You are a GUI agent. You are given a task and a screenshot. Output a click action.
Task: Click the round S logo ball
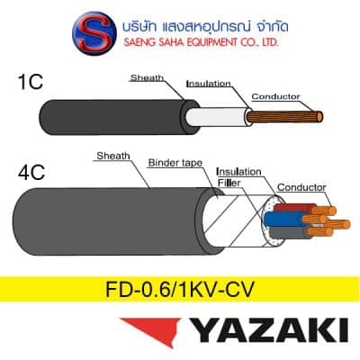click(x=94, y=33)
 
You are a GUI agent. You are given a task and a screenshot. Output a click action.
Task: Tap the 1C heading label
click(x=31, y=82)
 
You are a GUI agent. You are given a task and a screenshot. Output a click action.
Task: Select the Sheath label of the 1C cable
click(x=147, y=78)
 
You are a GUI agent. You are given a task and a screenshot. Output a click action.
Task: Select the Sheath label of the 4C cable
click(x=113, y=156)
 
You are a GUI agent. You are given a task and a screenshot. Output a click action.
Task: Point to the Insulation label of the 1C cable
click(x=209, y=84)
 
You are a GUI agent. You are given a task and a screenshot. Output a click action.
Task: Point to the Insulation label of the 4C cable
click(x=238, y=172)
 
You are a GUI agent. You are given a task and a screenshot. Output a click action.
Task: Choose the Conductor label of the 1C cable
click(x=275, y=96)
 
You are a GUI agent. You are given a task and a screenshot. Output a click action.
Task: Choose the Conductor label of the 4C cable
click(x=301, y=187)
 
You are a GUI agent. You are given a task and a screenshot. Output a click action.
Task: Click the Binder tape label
click(x=175, y=163)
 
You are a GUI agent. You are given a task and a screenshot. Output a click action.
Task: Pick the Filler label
click(x=229, y=183)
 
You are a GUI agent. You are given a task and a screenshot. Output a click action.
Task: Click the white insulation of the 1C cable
click(x=218, y=117)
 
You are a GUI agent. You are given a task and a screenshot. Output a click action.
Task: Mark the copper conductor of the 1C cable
click(x=284, y=116)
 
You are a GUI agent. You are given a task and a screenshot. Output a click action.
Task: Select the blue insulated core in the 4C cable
click(x=283, y=220)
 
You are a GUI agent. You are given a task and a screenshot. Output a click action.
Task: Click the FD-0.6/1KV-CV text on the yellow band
click(x=180, y=289)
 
